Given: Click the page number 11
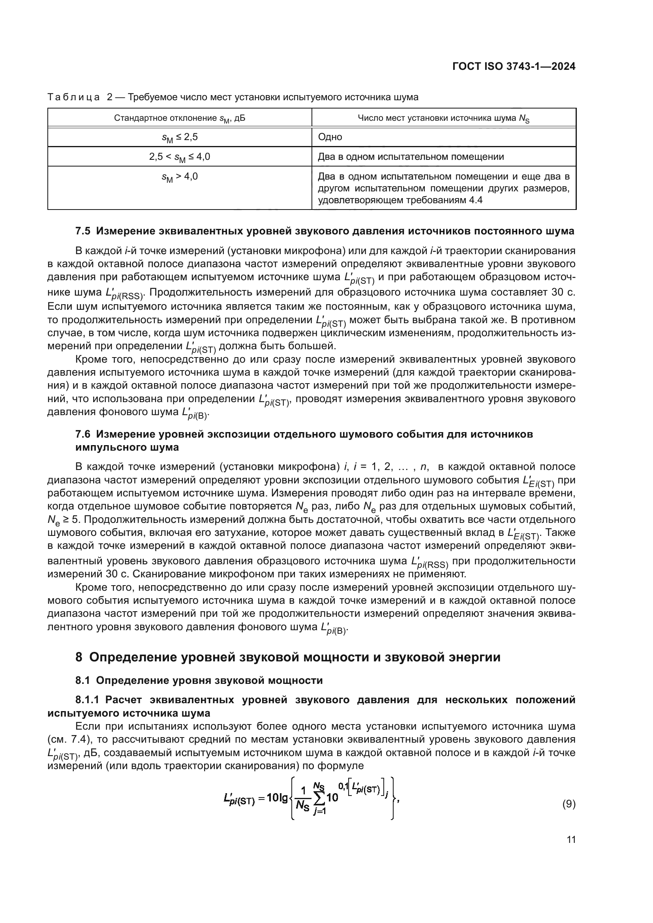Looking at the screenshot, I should coord(571,839).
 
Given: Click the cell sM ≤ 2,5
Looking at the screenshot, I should coord(179,137).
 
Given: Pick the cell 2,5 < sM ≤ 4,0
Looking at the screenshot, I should coord(179,157).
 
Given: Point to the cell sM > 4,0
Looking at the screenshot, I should coord(179,177).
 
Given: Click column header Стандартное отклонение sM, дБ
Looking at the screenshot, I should coord(179,118).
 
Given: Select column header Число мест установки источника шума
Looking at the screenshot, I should coord(443,118).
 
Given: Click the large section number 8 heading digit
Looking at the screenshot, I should coord(79,657).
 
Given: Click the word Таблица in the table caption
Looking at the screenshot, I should coord(73,97).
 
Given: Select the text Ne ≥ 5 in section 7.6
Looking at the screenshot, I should coord(64,520).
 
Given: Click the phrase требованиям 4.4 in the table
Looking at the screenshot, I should coord(442,200).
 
